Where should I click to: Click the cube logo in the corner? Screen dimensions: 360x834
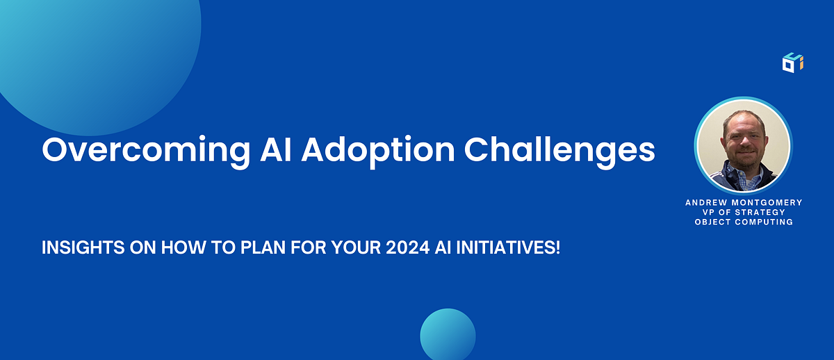(792, 62)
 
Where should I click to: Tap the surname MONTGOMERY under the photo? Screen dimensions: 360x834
(767, 202)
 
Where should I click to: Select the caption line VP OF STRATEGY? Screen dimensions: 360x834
(744, 212)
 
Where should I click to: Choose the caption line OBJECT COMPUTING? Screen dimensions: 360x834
(744, 222)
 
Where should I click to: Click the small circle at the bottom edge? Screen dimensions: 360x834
(448, 335)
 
